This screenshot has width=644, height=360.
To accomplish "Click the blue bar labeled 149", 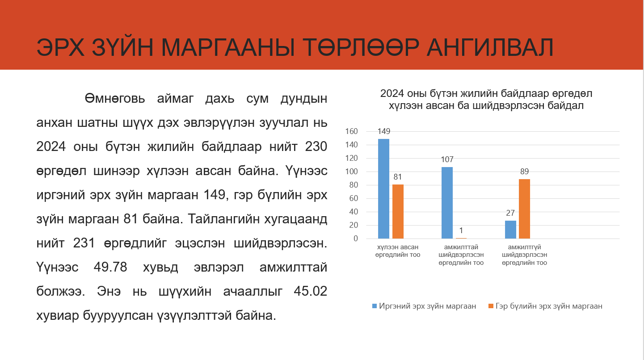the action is (383, 189).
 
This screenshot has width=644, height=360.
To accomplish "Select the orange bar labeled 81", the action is (398, 211).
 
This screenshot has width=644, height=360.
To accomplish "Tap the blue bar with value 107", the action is (447, 203).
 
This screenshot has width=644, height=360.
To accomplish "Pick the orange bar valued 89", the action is (524, 209).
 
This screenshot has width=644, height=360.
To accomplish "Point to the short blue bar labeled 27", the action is (510, 230).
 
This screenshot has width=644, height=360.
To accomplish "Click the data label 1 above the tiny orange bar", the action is (461, 230).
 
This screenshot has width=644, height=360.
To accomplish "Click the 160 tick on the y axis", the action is (351, 131).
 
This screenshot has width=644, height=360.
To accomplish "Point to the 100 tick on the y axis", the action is (351, 172).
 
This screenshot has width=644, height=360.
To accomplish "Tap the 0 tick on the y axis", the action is (356, 239).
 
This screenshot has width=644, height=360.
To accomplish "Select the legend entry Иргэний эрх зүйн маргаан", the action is (424, 306).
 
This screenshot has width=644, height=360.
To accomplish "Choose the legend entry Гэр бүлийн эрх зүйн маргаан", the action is (545, 306).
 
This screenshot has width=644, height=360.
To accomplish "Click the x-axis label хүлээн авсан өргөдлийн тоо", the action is (398, 251).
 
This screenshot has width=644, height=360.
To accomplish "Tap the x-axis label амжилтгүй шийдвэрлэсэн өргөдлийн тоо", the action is (524, 255).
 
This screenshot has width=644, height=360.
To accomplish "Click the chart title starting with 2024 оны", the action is (486, 100).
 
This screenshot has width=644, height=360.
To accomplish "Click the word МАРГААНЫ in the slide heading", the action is (228, 48).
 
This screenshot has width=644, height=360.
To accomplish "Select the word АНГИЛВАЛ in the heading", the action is (490, 48).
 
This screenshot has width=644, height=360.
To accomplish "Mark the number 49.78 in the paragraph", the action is (110, 267).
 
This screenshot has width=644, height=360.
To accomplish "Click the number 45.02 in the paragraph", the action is (311, 291).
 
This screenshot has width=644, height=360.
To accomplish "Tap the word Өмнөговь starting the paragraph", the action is (115, 99).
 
